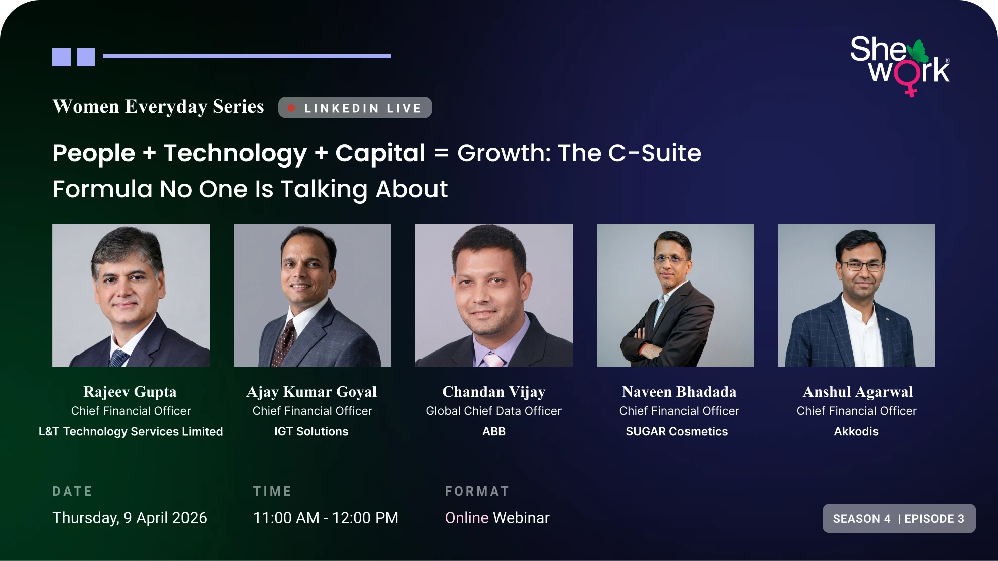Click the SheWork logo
[x=900, y=65]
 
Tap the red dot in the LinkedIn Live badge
[x=291, y=108]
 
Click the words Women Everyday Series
[x=158, y=107]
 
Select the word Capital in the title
[x=381, y=153]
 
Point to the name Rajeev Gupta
[x=130, y=392]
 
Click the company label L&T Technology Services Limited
[x=131, y=431]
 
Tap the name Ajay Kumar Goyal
[x=311, y=392]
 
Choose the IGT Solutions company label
[x=311, y=431]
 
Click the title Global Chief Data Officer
[x=494, y=411]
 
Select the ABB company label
[x=494, y=431]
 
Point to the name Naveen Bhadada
[x=679, y=392]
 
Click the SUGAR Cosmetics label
[x=677, y=431]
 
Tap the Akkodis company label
[x=856, y=431]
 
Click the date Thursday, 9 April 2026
[x=130, y=518]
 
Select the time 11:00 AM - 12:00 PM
[x=326, y=518]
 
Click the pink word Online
[x=467, y=518]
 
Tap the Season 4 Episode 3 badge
[x=899, y=518]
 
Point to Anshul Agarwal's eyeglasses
[x=862, y=265]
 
